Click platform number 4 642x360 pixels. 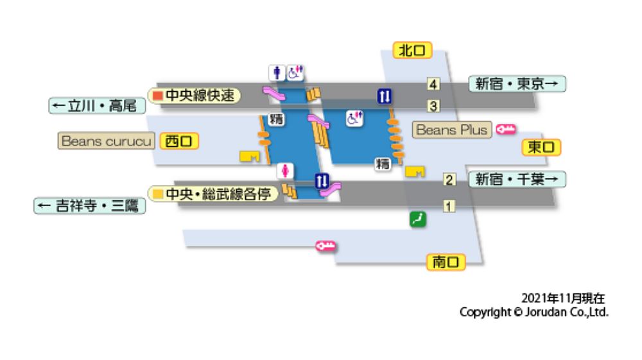pyautogui.click(x=433, y=85)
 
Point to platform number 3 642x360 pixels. pyautogui.click(x=433, y=106)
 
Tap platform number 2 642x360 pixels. pyautogui.click(x=449, y=180)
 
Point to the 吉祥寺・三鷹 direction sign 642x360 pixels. pyautogui.click(x=89, y=207)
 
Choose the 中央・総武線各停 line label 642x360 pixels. pyautogui.click(x=214, y=193)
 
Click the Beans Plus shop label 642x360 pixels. pyautogui.click(x=453, y=130)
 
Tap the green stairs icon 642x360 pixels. pyautogui.click(x=418, y=219)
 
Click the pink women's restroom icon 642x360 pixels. pyautogui.click(x=285, y=170)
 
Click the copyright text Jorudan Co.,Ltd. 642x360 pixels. pyautogui.click(x=534, y=313)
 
